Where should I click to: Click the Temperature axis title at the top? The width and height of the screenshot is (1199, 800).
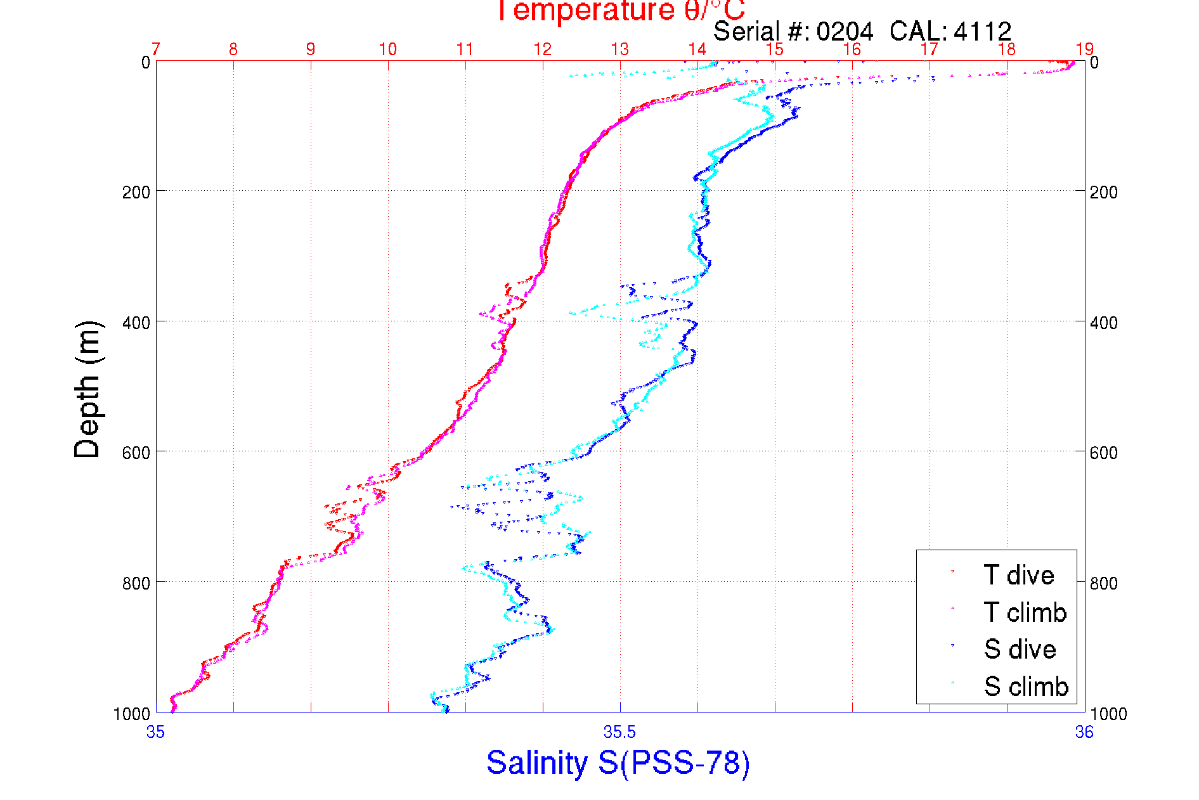[619, 11]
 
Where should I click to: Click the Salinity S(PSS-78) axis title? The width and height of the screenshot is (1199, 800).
[618, 762]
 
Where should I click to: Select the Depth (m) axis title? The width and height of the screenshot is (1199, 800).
[87, 389]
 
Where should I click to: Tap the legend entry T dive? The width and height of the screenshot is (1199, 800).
[1018, 575]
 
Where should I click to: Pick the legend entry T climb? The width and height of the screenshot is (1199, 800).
[1025, 612]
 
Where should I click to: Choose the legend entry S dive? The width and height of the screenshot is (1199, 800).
[1020, 649]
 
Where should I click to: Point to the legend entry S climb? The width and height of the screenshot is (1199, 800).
[1026, 687]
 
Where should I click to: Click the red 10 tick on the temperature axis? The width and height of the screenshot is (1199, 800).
[387, 49]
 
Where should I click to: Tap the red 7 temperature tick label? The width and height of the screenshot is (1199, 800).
[156, 49]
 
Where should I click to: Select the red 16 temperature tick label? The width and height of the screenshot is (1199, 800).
[852, 49]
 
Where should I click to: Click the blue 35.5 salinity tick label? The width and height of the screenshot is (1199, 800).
[619, 733]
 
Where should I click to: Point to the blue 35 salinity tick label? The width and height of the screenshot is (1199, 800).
[156, 733]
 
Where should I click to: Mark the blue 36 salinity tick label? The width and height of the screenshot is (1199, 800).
[1084, 733]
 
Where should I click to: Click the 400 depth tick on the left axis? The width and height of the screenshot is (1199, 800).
[136, 323]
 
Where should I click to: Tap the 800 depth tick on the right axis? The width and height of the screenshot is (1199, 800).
[1103, 583]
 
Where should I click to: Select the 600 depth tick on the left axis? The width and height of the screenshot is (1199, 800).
[136, 453]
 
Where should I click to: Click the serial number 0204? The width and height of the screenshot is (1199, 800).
[845, 31]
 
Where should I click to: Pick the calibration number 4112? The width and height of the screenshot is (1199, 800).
[982, 31]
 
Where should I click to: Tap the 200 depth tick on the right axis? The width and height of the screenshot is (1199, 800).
[1103, 192]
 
